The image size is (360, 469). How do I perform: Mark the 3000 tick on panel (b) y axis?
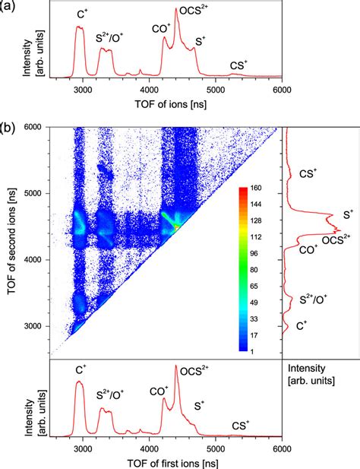coord(33,326)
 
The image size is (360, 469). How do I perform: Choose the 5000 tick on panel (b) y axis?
coord(33,194)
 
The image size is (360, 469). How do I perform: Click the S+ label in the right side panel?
coord(349,215)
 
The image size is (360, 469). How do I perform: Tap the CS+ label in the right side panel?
coord(308,173)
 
